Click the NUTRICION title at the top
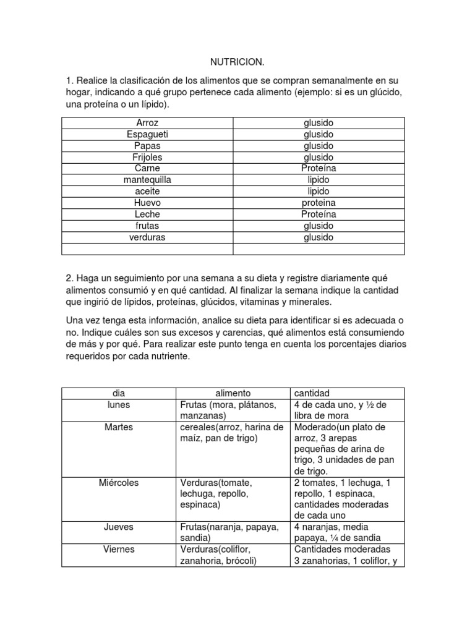(x=237, y=62)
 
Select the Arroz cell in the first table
(x=147, y=123)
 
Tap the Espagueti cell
(x=147, y=134)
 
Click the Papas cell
(x=147, y=146)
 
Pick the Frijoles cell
(x=147, y=157)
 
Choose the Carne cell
(x=147, y=168)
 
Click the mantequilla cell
(x=147, y=180)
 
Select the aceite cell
(x=147, y=191)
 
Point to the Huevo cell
(x=147, y=203)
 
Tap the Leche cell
(x=147, y=214)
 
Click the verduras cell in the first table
(x=147, y=237)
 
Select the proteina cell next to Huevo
(x=319, y=203)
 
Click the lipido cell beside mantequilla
(x=319, y=180)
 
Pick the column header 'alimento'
(x=233, y=393)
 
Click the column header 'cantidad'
(x=312, y=393)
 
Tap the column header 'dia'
(x=119, y=393)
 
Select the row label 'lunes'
(x=119, y=404)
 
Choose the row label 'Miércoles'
(x=119, y=482)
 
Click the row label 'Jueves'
(x=119, y=527)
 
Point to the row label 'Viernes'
(x=119, y=549)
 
